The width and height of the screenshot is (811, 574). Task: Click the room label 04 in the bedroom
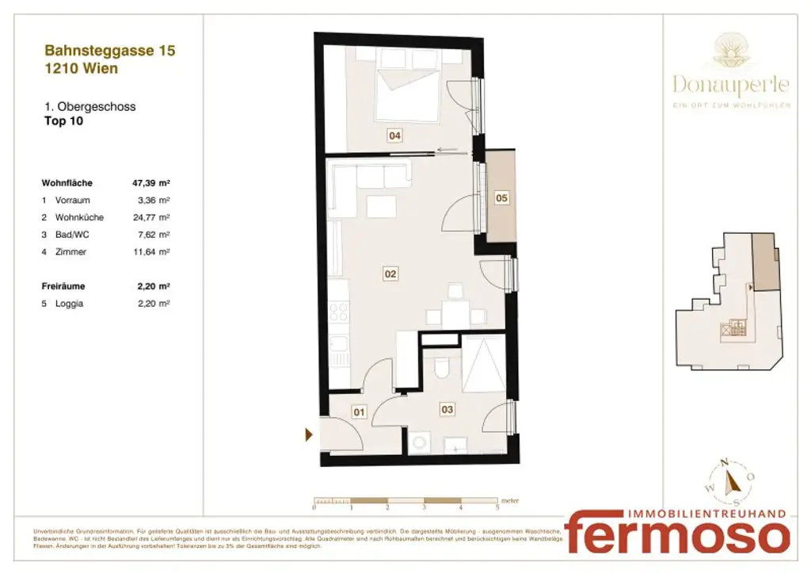[394, 136]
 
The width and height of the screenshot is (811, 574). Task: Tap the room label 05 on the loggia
[501, 198]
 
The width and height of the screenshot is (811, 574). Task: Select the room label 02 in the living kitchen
[390, 274]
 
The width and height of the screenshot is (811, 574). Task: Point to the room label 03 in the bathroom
[447, 409]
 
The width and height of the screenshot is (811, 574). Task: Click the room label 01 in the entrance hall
[359, 411]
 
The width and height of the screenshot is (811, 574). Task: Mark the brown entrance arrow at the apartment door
[310, 434]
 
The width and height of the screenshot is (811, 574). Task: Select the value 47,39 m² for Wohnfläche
[151, 183]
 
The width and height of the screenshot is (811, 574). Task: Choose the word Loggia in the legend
[70, 303]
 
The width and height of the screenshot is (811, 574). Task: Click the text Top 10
[63, 122]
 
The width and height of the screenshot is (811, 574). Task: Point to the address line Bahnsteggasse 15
[110, 51]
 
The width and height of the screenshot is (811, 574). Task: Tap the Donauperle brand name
[731, 83]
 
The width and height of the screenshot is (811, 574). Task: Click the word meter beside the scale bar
[510, 500]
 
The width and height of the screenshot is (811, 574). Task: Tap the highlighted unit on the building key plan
[764, 262]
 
